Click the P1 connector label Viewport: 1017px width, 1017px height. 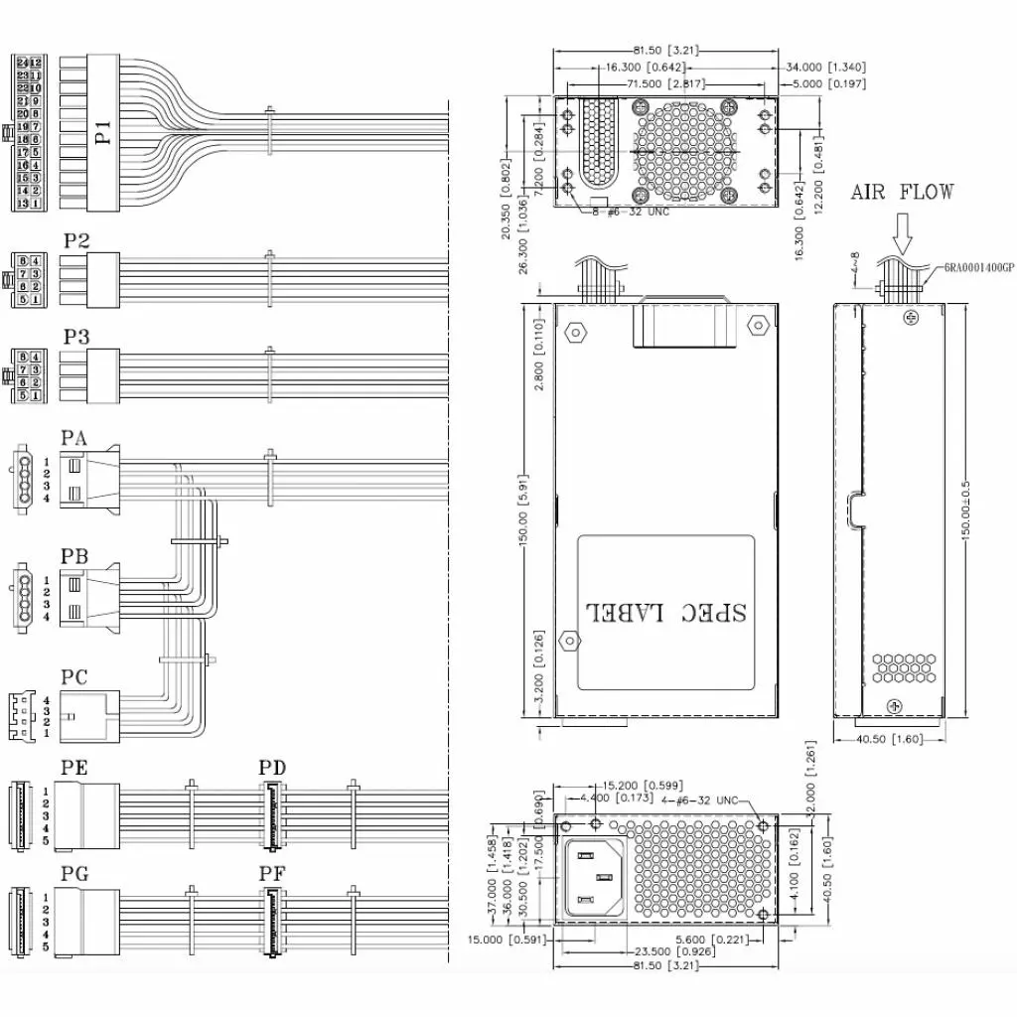pyautogui.click(x=103, y=130)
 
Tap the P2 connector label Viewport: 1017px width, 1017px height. pyautogui.click(x=76, y=240)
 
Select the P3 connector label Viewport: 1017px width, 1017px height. pyautogui.click(x=76, y=337)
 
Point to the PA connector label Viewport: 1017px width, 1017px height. pyautogui.click(x=74, y=438)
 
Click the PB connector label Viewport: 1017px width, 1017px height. pyautogui.click(x=74, y=556)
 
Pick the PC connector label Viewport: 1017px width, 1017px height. pyautogui.click(x=74, y=677)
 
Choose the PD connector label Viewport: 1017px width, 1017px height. pyautogui.click(x=272, y=768)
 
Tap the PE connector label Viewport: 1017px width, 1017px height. pyautogui.click(x=74, y=768)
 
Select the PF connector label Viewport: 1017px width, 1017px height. pyautogui.click(x=272, y=875)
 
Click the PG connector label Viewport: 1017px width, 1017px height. pyautogui.click(x=74, y=875)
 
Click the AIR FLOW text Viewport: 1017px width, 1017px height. pyautogui.click(x=902, y=192)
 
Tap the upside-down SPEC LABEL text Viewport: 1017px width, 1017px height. pyautogui.click(x=666, y=610)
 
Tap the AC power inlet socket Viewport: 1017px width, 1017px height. pyautogui.click(x=596, y=877)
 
